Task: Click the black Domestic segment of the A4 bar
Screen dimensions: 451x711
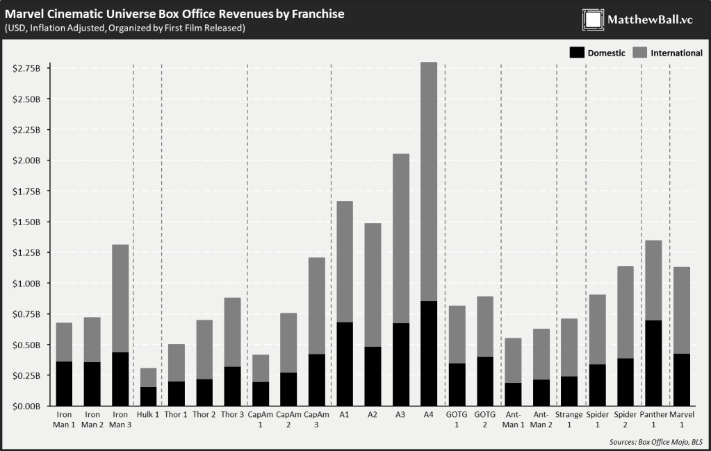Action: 429,353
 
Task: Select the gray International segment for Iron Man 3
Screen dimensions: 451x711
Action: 120,298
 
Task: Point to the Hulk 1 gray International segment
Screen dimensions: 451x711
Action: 148,377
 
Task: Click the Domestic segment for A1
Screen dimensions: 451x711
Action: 345,363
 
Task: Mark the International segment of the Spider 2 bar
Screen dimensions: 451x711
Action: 625,312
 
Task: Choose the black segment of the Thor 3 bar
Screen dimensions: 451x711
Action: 232,386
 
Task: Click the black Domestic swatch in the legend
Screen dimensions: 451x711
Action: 576,53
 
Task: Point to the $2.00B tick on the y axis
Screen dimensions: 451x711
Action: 27,161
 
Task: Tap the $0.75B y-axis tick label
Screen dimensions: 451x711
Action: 27,314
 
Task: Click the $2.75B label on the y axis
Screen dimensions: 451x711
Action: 27,68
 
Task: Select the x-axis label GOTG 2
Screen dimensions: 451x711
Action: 484,420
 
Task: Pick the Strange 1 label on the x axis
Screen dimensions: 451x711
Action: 569,420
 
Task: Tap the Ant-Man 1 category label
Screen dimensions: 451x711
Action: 513,420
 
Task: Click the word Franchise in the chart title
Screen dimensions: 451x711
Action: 313,14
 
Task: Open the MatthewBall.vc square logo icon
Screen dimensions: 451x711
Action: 593,19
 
